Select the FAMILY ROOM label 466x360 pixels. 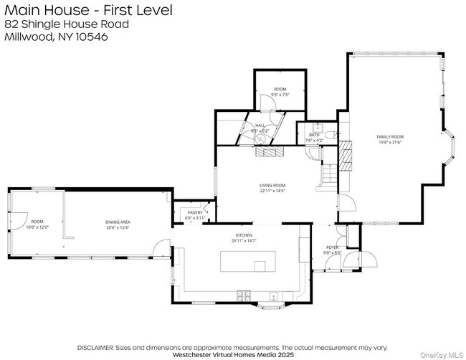tap(391, 136)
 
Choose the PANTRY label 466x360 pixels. tap(195, 212)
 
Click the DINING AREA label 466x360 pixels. tap(118, 222)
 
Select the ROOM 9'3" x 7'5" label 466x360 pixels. tap(280, 89)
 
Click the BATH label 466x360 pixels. tap(314, 134)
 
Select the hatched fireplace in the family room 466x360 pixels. tap(346, 154)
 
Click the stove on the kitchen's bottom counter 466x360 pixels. tap(244, 295)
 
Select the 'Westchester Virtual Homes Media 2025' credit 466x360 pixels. tap(234, 354)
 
